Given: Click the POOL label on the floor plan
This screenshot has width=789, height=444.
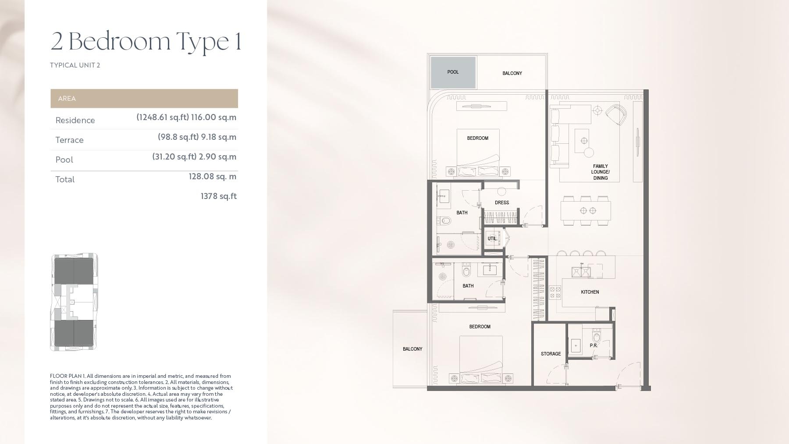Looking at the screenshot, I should [x=453, y=72].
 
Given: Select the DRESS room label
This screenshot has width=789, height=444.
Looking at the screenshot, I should [x=502, y=202].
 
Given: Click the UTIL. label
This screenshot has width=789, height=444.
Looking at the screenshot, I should [x=492, y=239].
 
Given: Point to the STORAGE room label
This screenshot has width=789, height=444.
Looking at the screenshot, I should [x=551, y=354].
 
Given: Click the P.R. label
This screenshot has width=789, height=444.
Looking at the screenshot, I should [x=594, y=345].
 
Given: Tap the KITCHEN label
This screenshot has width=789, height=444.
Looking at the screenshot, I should [x=590, y=292].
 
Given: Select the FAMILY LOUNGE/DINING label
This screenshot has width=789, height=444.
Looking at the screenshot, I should [x=600, y=172].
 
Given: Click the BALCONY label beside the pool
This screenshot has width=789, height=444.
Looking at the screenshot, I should [x=512, y=73].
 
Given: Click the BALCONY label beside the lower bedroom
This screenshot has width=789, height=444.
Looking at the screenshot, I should [x=412, y=349].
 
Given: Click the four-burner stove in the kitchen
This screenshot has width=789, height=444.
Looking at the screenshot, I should [x=555, y=292].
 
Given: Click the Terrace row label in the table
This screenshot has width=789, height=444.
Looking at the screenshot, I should [x=69, y=140].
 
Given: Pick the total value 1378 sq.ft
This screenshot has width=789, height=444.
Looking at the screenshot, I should [x=218, y=196].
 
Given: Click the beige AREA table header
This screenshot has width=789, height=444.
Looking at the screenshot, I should [x=144, y=99].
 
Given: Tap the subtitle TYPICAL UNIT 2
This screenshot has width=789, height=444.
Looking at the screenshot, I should [x=75, y=65].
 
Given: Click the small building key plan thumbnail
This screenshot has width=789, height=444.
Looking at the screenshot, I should [x=74, y=302].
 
